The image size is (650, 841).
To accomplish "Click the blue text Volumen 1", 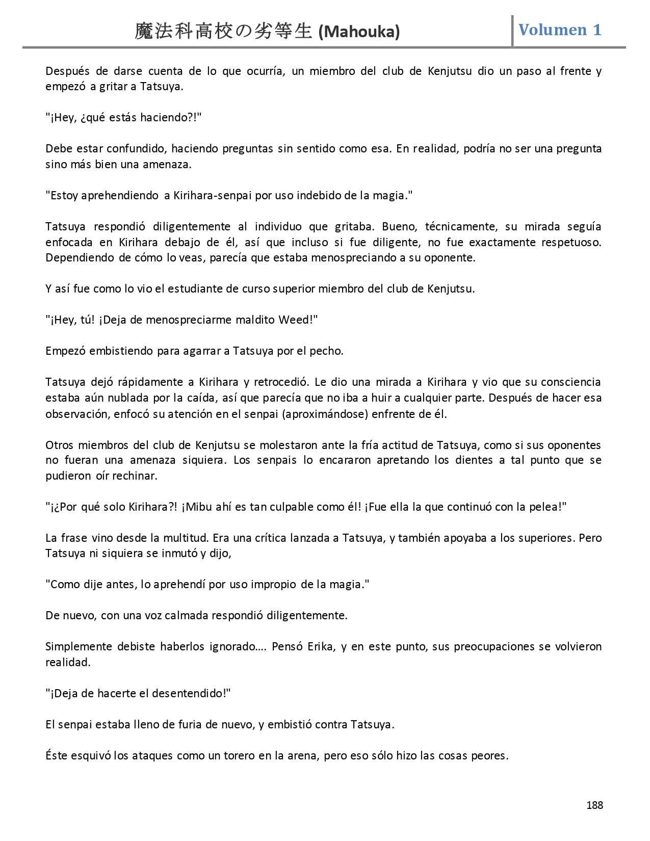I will coord(560,30).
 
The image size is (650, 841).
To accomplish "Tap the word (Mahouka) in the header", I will coord(359,32).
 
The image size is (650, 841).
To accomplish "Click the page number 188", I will coord(594,805).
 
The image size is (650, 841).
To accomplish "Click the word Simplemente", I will coord(79,646).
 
